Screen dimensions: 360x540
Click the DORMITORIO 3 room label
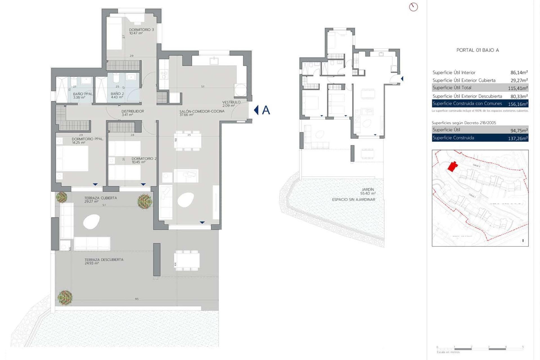coord(141,30)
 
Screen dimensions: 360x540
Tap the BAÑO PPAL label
coord(82,94)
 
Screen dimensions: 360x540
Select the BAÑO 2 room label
coord(117,94)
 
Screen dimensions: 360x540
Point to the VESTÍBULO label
coord(231,102)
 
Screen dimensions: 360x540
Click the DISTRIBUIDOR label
coord(132,111)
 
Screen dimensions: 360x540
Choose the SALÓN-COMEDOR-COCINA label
coord(202,111)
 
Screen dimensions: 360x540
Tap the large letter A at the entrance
coord(266,110)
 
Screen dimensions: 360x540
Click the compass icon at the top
coord(413,7)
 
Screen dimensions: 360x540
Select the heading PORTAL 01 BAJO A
coord(477,50)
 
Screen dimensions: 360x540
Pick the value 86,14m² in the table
coord(519,73)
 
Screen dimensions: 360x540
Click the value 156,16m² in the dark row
coord(517,104)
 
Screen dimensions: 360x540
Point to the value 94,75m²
coord(519,130)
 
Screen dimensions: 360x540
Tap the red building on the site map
coord(452,166)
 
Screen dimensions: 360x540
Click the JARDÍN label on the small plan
coord(368,190)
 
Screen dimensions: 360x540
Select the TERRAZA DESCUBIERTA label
coord(104,260)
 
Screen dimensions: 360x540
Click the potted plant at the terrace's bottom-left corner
coord(65,298)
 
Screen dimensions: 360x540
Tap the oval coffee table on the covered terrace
coord(91,222)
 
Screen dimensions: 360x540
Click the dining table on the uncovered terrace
coord(187,260)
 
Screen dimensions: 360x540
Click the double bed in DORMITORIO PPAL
coord(73,158)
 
